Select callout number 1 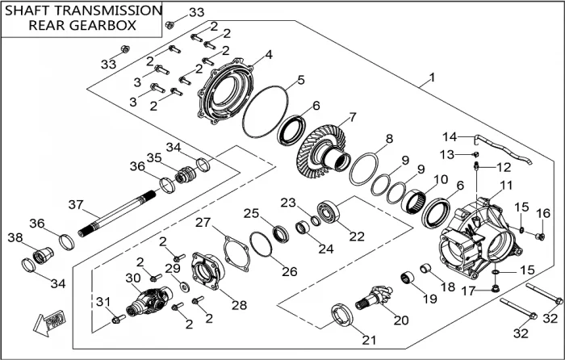[x=433, y=77]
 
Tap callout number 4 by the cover [x=268, y=55]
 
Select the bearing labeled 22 [x=330, y=213]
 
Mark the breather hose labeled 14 [x=496, y=147]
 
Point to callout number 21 [x=368, y=340]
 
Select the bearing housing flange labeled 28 [x=207, y=273]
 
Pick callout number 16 [x=542, y=212]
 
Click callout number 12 [x=503, y=168]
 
